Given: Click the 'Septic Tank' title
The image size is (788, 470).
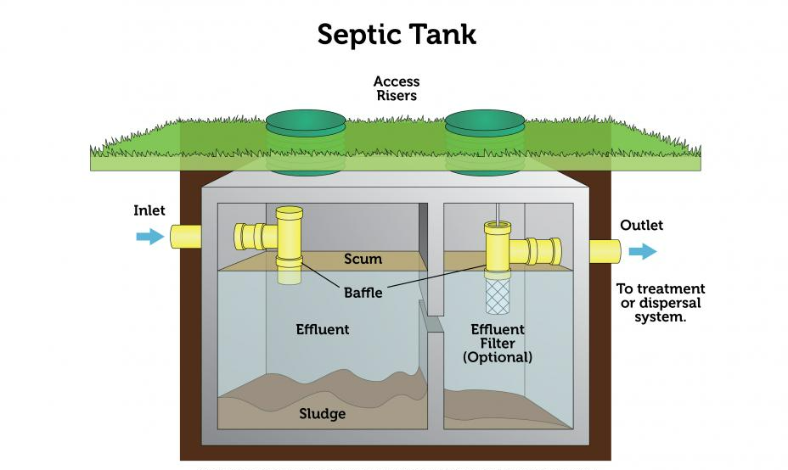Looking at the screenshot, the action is [x=397, y=35].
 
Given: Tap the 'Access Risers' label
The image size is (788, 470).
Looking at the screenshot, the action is [x=397, y=88].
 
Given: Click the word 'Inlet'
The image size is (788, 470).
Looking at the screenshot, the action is [x=149, y=210].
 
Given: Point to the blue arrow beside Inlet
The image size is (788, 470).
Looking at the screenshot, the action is [x=150, y=237].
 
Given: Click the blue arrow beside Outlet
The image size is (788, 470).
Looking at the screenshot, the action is [x=643, y=251].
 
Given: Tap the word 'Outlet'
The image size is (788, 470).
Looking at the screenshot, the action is [x=641, y=225].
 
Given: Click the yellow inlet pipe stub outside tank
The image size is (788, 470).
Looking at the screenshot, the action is [x=185, y=237].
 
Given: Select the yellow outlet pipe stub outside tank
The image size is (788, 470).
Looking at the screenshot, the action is [x=605, y=251].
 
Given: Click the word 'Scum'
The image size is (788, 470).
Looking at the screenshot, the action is [x=363, y=259].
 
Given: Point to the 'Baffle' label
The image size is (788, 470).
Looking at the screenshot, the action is [x=363, y=293].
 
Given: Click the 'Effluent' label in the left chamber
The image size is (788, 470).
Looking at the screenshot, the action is [x=322, y=329].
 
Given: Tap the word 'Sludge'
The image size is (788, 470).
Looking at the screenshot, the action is [x=322, y=414].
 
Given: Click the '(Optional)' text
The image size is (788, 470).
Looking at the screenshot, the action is [x=497, y=357].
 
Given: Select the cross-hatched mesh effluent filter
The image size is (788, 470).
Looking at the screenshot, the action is [x=498, y=296].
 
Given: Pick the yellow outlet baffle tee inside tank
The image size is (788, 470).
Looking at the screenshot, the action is [x=523, y=249].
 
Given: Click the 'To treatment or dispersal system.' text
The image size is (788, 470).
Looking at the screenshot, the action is [x=661, y=303].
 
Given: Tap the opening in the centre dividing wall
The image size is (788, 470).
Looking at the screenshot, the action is [x=432, y=324].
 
